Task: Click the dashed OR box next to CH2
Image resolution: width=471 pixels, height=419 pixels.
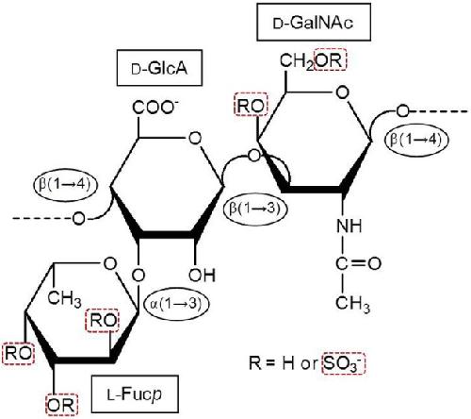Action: point(331,59)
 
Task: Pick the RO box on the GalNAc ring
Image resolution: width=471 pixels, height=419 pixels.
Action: point(251,105)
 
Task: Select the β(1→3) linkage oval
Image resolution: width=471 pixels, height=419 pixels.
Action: point(255,209)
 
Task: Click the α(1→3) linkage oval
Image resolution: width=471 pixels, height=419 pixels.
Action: point(176,304)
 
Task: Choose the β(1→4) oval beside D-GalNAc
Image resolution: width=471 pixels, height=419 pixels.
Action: point(415,139)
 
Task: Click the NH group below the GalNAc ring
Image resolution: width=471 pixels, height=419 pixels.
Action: point(349,226)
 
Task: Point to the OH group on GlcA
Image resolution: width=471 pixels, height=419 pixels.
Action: point(203,275)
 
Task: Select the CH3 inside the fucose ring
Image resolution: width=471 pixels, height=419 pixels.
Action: point(64,298)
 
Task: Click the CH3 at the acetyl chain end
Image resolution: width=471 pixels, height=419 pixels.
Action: point(352,304)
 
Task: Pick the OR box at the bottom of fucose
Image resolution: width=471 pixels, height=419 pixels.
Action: point(62,405)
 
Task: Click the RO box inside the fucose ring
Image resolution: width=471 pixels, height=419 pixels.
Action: point(103,321)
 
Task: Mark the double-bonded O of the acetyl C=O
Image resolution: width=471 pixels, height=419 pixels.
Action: point(375,263)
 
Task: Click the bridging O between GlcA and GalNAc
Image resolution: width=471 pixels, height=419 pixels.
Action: point(253,156)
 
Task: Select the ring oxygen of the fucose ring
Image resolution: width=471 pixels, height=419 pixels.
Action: point(110,263)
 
